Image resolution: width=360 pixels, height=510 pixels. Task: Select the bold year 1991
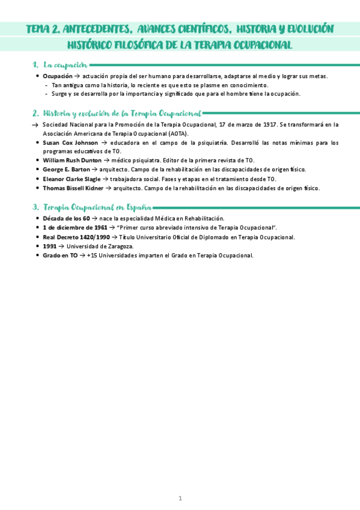[x=50, y=246]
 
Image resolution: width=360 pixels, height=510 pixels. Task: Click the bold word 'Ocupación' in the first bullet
[x=58, y=76]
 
